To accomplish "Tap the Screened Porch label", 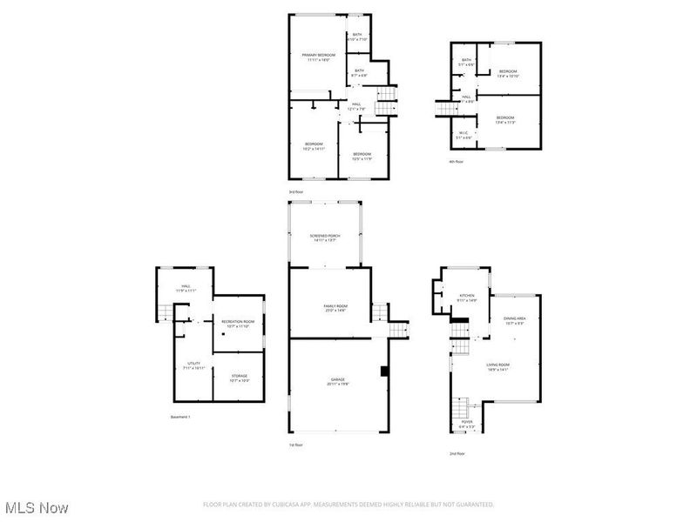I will point(325,238).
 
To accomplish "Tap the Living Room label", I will point(497,366).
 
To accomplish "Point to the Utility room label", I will point(194,365).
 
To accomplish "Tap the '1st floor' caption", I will point(296,445).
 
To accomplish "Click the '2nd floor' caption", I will point(456,453).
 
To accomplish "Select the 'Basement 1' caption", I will point(180,417).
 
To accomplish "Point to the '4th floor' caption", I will point(457,162).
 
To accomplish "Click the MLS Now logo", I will point(37,506).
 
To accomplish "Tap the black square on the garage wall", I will point(382,371).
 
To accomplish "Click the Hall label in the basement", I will point(186,288).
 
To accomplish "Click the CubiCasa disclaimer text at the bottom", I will point(348,504).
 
